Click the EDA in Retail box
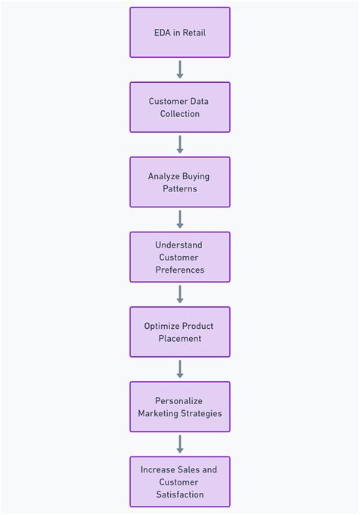[180, 33]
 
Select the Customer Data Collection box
[180, 107]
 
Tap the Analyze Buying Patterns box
[180, 182]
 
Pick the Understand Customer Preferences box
[180, 257]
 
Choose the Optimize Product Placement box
[180, 332]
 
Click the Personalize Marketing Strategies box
[180, 406]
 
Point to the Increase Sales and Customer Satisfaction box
[180, 482]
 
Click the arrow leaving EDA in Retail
[180, 69]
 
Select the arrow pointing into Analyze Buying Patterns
[180, 144]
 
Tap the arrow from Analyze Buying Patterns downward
[180, 219]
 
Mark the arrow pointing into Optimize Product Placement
[180, 294]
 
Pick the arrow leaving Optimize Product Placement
[180, 368]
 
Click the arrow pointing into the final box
[180, 444]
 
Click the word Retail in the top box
[191, 33]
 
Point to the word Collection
[180, 114]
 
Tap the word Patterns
[180, 188]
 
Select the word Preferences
[180, 270]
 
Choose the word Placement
[180, 339]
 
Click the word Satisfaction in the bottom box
[180, 494]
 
